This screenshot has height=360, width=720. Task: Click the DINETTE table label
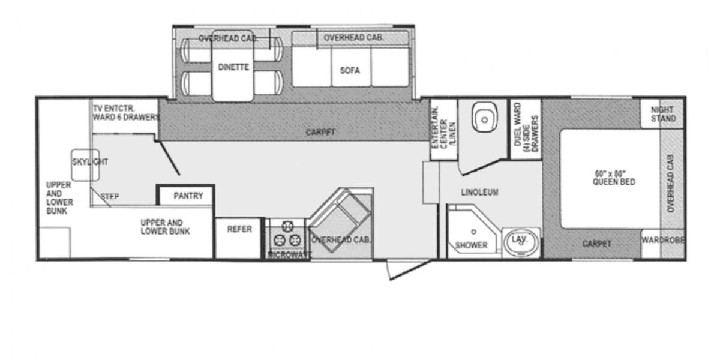tap(233, 67)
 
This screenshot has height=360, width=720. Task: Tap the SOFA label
tap(350, 70)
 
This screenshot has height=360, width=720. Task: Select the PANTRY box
tap(188, 196)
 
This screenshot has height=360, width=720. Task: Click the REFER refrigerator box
tap(239, 229)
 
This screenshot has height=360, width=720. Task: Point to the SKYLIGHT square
tap(85, 163)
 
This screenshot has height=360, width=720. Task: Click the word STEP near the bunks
tap(109, 196)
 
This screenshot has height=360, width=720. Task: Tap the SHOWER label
tap(471, 245)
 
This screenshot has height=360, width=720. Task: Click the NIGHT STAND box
tap(662, 114)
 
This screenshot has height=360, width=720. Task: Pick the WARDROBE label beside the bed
tap(662, 244)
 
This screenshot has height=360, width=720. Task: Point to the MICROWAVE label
tap(289, 255)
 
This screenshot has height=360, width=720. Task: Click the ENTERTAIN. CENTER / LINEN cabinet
tap(443, 128)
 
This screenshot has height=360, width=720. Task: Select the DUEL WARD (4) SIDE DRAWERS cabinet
tap(526, 128)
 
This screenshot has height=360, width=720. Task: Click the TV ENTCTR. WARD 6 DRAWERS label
tap(125, 112)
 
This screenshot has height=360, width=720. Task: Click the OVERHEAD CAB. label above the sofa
tap(353, 37)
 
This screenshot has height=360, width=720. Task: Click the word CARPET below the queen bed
tap(597, 244)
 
